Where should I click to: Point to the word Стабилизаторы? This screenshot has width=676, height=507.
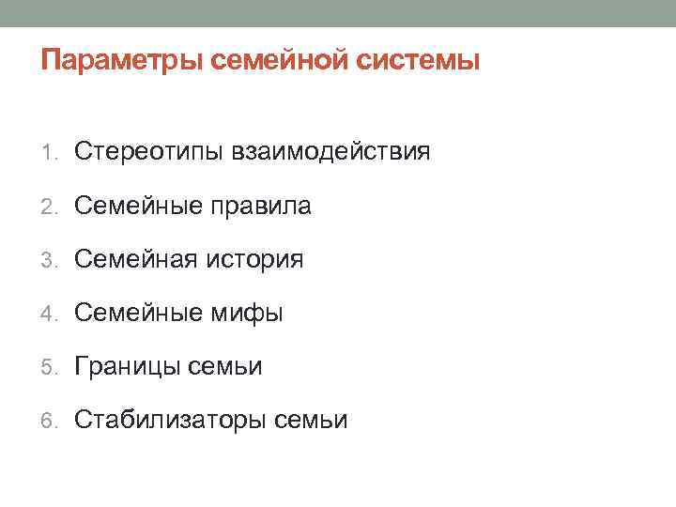click(170, 420)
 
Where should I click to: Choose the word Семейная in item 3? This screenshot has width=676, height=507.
click(134, 258)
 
